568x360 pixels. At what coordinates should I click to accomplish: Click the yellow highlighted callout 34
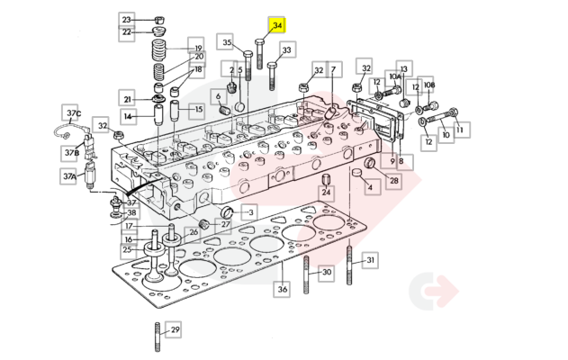coord(277,25)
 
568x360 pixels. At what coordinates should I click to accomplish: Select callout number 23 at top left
coord(126,19)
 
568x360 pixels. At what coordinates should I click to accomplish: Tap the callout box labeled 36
coord(283,289)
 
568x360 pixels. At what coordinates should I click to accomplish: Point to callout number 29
coord(175,329)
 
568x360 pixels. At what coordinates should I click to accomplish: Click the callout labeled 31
coord(369,260)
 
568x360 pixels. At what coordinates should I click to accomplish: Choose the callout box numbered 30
coord(327,272)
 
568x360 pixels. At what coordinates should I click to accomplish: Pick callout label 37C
coord(72,113)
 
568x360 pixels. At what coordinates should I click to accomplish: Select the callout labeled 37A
coord(69,177)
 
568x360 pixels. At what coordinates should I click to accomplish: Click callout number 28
coord(393,180)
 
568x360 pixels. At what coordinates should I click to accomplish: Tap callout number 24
coord(327,193)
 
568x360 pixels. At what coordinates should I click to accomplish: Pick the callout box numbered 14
coord(128,116)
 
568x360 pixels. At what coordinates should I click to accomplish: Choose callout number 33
coord(286,50)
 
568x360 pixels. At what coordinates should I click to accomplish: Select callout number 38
coord(131,213)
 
